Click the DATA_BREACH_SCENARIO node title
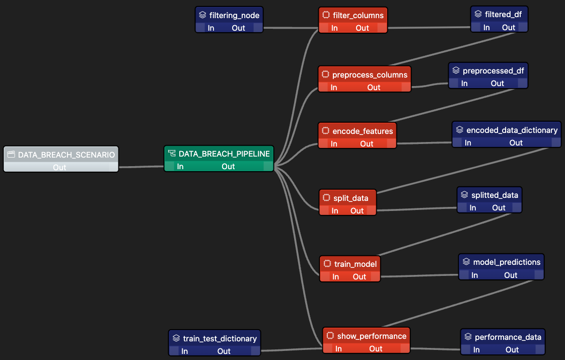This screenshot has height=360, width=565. point(66,155)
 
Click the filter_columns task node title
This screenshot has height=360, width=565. point(358,15)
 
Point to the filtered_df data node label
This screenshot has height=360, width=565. point(503,14)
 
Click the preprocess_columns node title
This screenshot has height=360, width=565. point(370,75)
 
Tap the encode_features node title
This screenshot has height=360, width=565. point(363,131)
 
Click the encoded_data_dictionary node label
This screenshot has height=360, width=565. point(512,130)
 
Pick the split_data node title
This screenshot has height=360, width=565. point(350,198)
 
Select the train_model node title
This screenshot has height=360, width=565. point(355,264)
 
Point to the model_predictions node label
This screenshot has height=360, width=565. point(507,262)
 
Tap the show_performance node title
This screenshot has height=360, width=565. point(372,336)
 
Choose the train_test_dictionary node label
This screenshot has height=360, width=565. point(220,338)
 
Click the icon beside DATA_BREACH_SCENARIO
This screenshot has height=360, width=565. point(11,155)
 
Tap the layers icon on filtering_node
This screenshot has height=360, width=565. point(202,15)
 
